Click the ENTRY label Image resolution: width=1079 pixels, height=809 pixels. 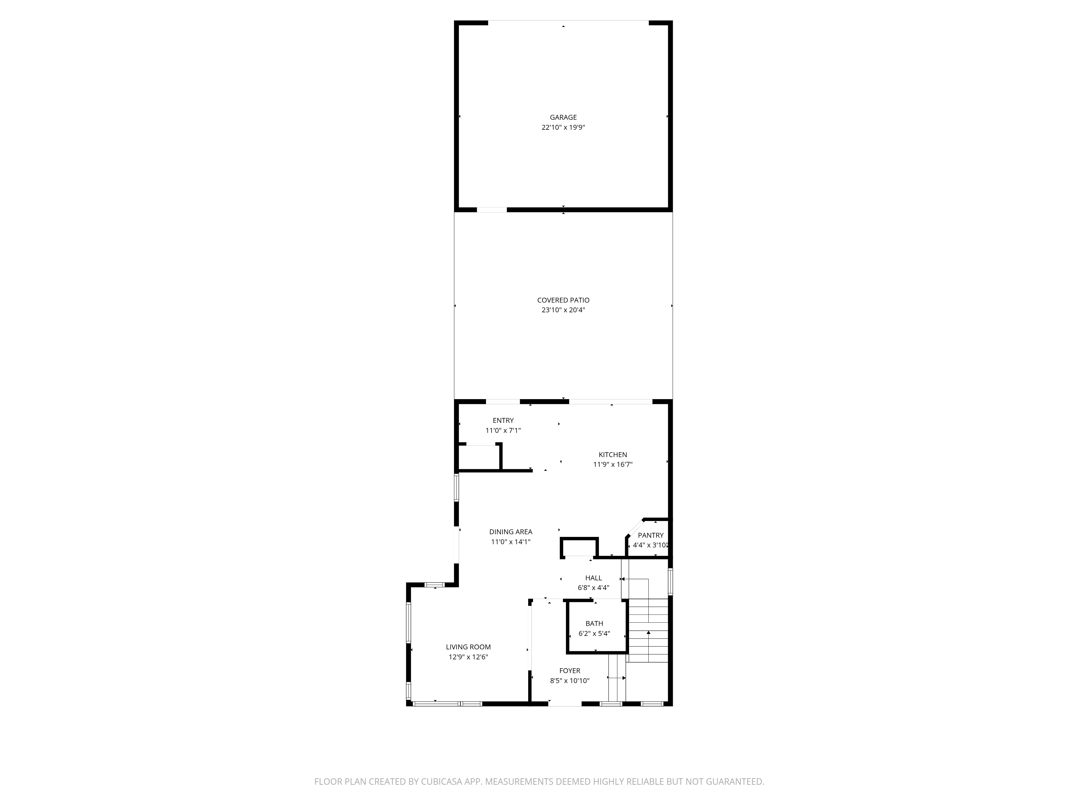(503, 420)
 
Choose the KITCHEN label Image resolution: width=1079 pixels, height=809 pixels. (613, 454)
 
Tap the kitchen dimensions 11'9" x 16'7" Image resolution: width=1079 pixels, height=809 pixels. (613, 465)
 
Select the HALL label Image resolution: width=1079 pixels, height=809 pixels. (594, 578)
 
